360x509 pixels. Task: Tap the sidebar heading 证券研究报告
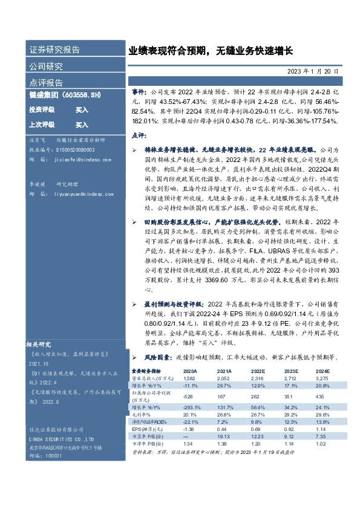pyautogui.click(x=54, y=50)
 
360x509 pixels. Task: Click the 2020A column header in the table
pyautogui.click(x=190, y=371)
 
